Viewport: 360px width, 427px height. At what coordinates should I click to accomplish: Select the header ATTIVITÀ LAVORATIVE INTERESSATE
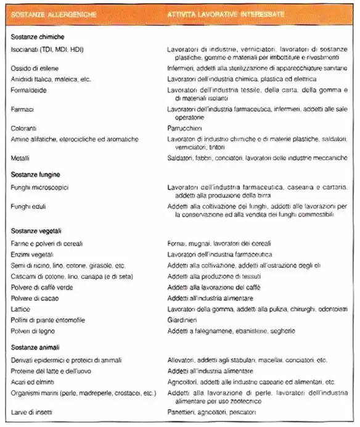223,14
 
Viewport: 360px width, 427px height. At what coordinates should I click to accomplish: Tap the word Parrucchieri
186,128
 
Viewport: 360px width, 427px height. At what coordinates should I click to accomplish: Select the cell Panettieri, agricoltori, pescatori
209,411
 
